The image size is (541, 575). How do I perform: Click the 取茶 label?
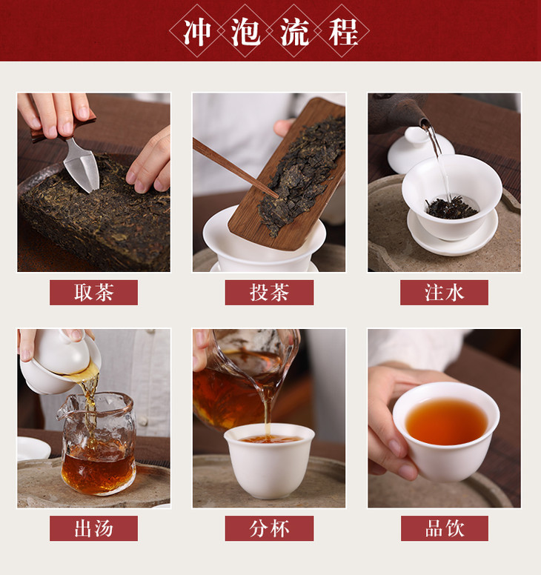(x=93, y=293)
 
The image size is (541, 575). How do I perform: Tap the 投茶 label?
(x=269, y=293)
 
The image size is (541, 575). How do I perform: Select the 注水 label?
(x=444, y=293)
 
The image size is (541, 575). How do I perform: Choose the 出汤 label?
(x=93, y=528)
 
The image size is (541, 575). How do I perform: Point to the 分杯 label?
(x=269, y=528)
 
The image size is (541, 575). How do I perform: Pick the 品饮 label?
(x=445, y=528)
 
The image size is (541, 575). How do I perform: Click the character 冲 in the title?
(x=197, y=33)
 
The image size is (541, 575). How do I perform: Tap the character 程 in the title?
(x=343, y=33)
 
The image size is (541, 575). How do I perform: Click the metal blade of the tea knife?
(x=82, y=166)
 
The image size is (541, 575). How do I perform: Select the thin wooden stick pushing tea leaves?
(x=235, y=167)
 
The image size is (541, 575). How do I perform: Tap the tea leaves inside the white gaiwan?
(x=451, y=207)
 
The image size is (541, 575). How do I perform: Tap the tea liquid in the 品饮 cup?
(x=446, y=422)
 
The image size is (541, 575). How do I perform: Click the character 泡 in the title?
(x=246, y=33)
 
